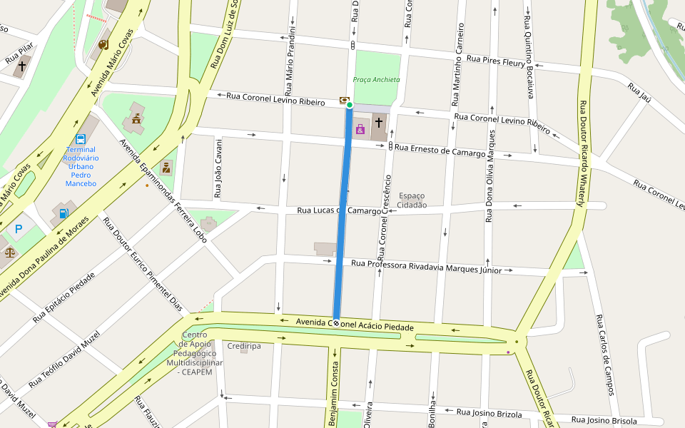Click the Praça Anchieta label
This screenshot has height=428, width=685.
[x=376, y=80]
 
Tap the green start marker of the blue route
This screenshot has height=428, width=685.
[x=350, y=106]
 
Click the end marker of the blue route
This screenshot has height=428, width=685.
[x=335, y=322]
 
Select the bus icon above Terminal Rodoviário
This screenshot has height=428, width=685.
[x=81, y=139]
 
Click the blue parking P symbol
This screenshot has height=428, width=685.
[x=19, y=229]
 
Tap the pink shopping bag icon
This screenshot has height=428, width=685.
[x=360, y=129]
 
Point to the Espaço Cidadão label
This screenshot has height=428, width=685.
[x=412, y=200]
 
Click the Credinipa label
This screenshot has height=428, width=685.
[x=244, y=346]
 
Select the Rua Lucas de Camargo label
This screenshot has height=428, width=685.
[x=339, y=210]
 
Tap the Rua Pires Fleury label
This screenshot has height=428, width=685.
[x=495, y=61]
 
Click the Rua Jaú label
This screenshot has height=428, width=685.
[x=639, y=92]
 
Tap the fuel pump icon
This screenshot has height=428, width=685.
[x=64, y=213]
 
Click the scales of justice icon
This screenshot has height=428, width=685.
[x=9, y=252]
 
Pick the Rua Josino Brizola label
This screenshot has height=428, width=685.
[x=489, y=413]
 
